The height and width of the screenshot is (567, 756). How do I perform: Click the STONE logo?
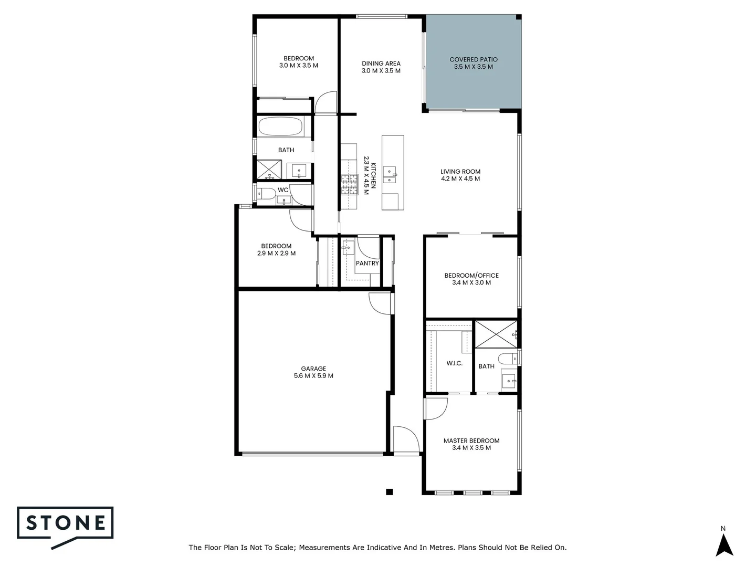[x=66, y=523]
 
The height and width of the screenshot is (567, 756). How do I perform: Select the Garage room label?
[x=313, y=369]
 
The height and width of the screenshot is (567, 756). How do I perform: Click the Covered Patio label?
[x=474, y=59]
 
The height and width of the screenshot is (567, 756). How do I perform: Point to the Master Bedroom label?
[x=471, y=440]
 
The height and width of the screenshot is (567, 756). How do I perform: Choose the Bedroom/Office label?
[x=471, y=275]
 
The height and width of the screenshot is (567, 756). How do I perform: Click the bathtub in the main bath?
[x=281, y=127]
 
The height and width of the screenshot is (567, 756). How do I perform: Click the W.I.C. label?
[x=455, y=363]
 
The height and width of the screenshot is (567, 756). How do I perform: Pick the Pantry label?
[x=367, y=263]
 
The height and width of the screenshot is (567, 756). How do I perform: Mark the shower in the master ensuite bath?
[x=496, y=333]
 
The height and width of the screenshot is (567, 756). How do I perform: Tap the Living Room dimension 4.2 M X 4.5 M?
[x=460, y=179]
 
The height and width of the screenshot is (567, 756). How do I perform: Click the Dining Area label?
[x=381, y=64]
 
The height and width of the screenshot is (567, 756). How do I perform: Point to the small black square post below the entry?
[x=389, y=492]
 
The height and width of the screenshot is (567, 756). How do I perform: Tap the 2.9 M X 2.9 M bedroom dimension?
[x=276, y=254]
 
